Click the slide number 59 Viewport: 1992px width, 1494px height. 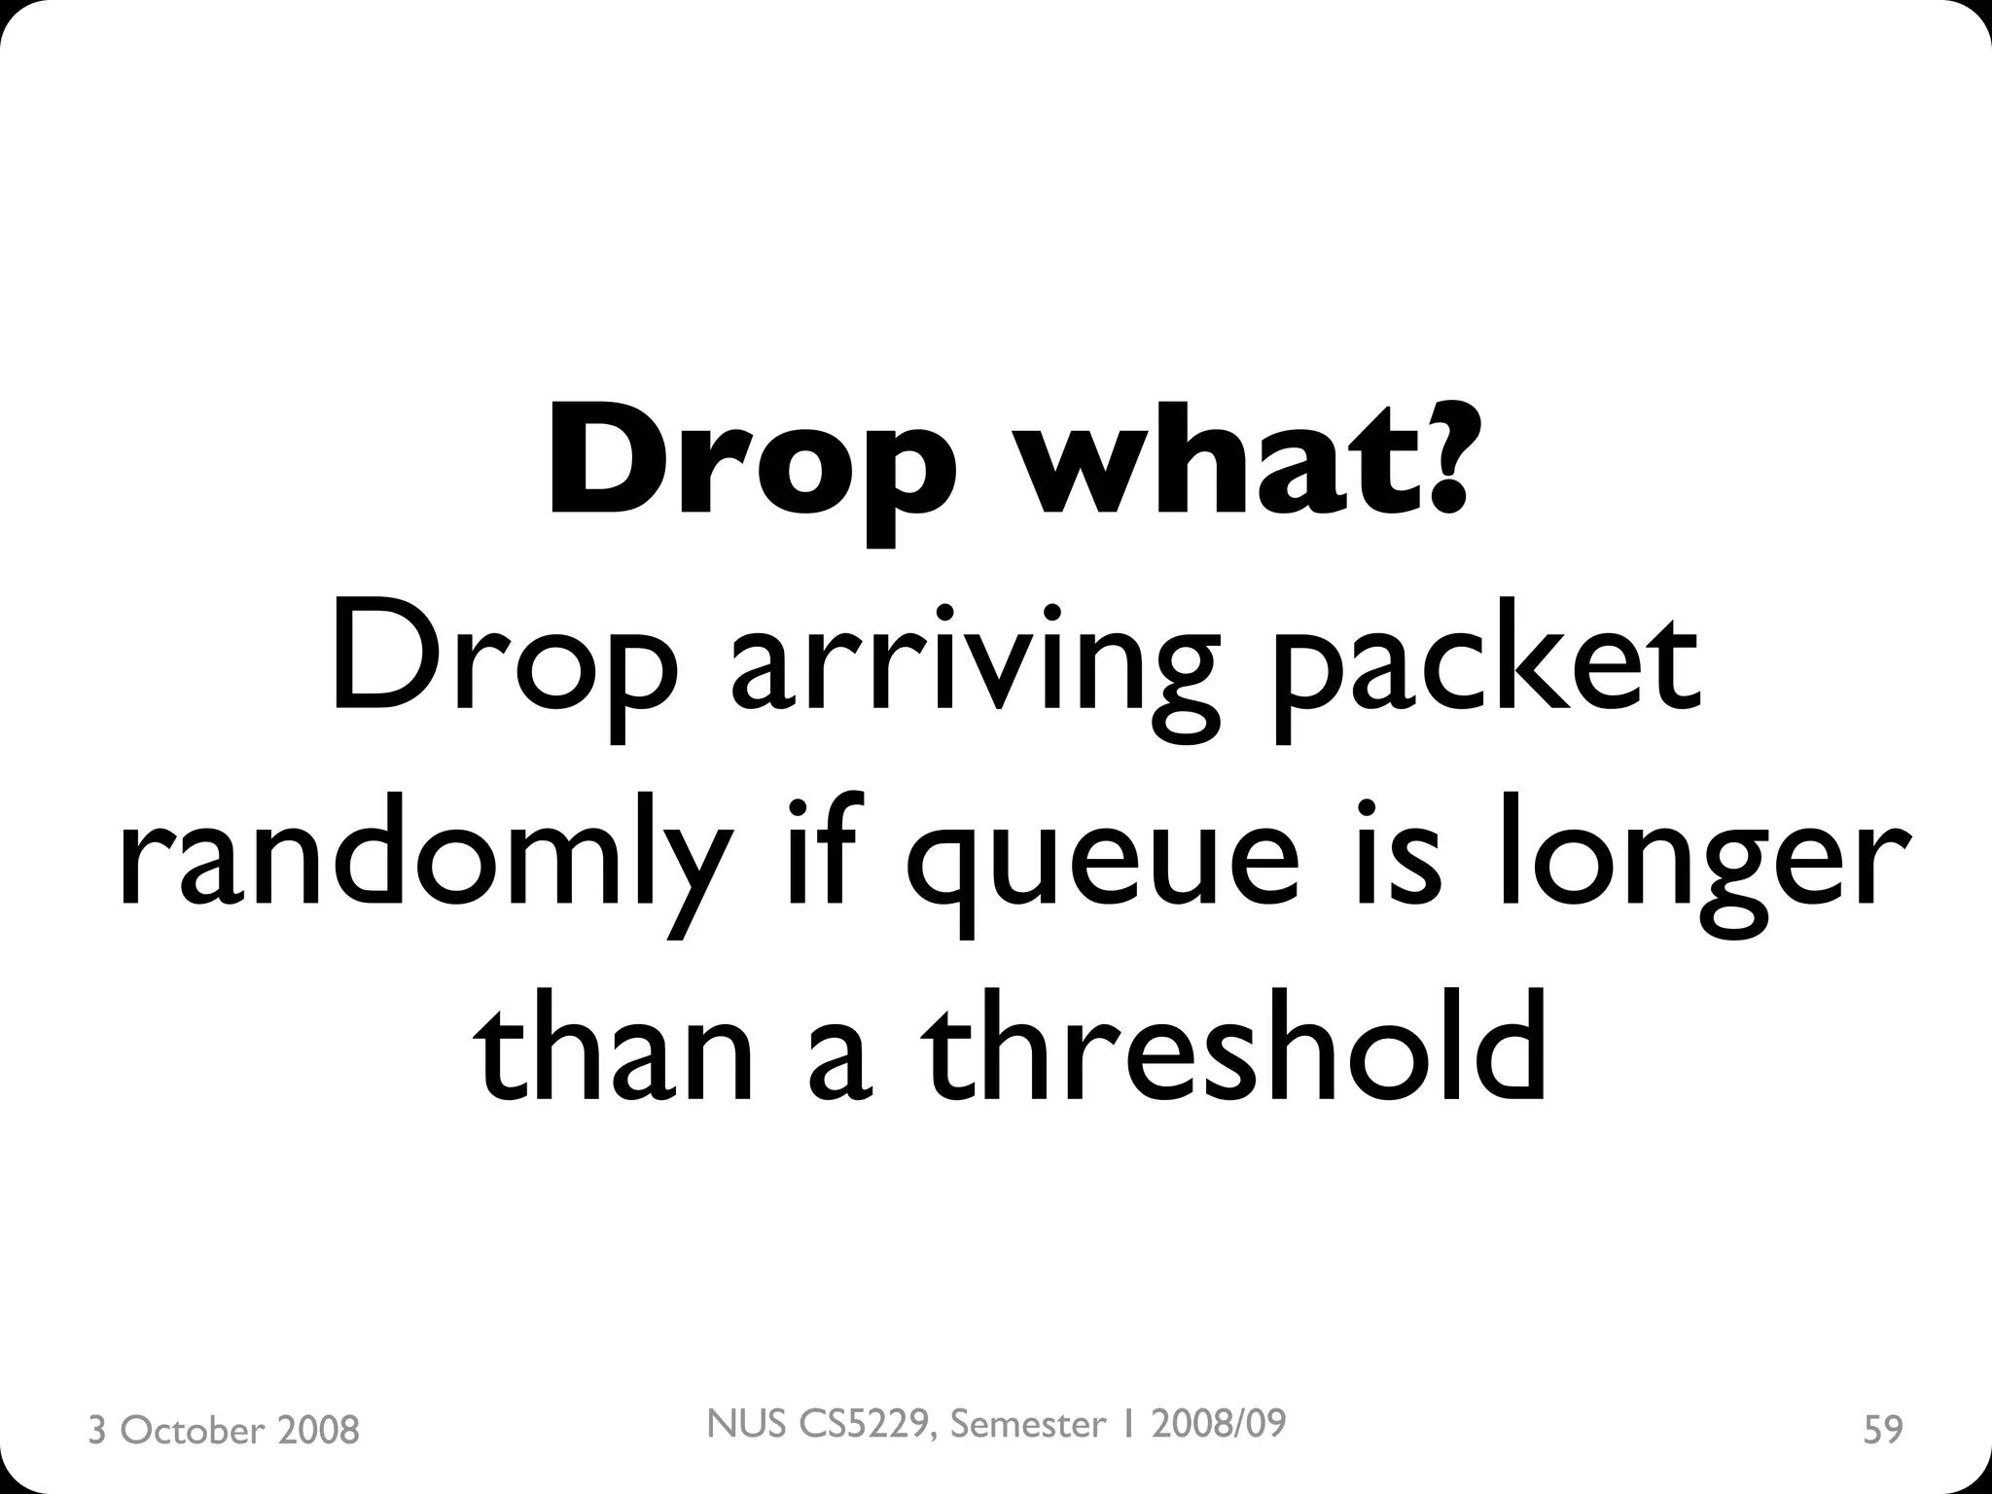(x=1882, y=1430)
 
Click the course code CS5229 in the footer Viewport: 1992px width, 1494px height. (x=870, y=1424)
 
